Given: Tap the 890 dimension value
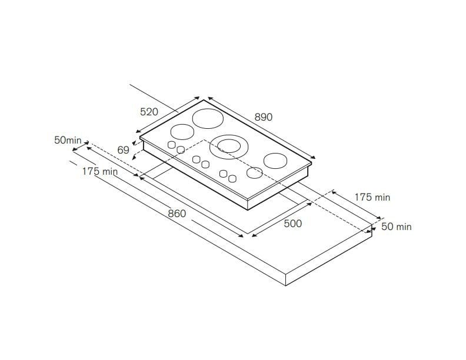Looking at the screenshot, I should pos(264,117).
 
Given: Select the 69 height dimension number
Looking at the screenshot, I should pos(123,150).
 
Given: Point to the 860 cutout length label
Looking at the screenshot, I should pos(177,214).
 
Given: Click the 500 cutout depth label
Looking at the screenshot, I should pos(292,223).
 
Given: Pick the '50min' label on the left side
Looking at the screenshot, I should pos(67,140).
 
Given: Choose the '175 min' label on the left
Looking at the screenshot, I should pos(99,171).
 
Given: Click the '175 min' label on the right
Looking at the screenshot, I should pos(372,197).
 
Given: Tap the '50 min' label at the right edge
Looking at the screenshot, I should pos(396,226).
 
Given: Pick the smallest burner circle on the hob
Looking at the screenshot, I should pos(254,173).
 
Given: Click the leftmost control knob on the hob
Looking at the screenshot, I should pos(171,145).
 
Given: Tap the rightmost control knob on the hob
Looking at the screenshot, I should pos(233,178).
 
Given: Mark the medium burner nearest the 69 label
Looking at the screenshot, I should pos(182,132).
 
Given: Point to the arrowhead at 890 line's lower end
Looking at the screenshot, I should pos(314,157).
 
